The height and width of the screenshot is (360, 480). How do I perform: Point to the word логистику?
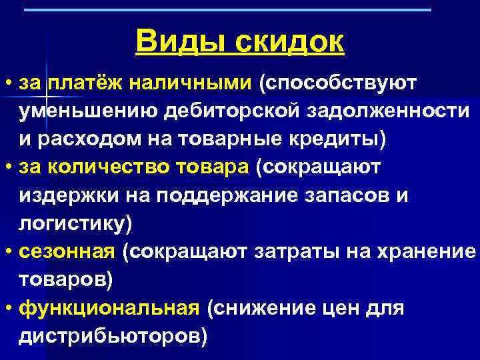pos(75,225)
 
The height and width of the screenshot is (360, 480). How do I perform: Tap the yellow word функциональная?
pos(109,309)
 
